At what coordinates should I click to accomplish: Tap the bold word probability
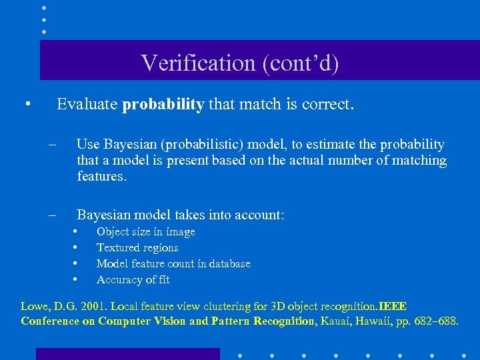pyautogui.click(x=163, y=105)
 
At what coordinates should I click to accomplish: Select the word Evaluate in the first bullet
pyautogui.click(x=87, y=105)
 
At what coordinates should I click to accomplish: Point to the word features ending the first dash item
pyautogui.click(x=101, y=177)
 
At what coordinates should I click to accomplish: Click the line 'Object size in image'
pyautogui.click(x=146, y=232)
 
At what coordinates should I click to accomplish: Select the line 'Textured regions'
pyautogui.click(x=137, y=248)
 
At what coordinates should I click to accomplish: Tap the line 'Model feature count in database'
pyautogui.click(x=173, y=264)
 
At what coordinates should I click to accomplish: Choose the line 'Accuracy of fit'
pyautogui.click(x=133, y=280)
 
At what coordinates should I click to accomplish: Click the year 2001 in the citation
pyautogui.click(x=93, y=307)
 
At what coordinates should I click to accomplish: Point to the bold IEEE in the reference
pyautogui.click(x=393, y=307)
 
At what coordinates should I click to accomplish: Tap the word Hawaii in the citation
pyautogui.click(x=374, y=321)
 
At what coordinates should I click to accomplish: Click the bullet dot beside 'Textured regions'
pyautogui.click(x=76, y=248)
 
